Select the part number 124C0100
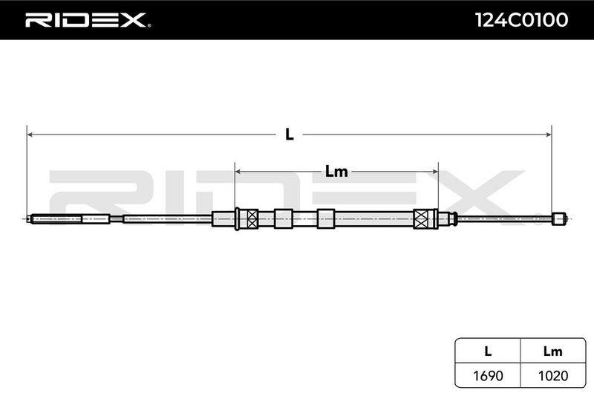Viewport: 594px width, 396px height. [522, 20]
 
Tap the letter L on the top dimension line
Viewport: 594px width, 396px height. [290, 134]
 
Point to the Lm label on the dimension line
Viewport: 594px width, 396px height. [336, 172]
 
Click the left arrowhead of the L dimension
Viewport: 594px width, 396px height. [30, 134]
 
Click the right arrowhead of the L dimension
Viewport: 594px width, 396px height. [548, 134]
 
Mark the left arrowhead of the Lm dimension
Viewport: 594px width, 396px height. [238, 172]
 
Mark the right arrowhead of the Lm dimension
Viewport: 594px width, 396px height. [434, 172]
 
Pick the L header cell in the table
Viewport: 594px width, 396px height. [488, 351]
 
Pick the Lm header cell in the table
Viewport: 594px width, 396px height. [553, 351]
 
